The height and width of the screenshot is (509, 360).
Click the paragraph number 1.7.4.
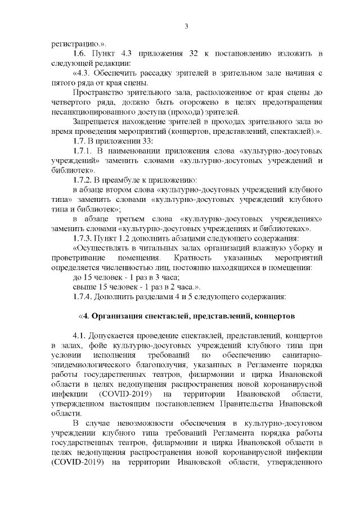click(x=84, y=296)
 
